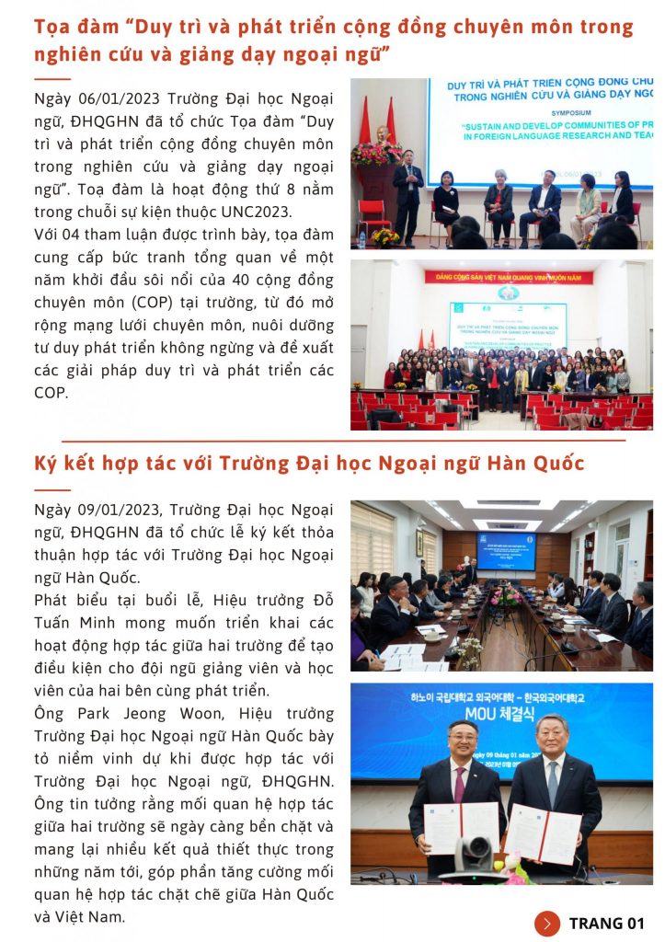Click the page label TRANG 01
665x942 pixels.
(607, 924)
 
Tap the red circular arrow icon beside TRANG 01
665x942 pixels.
(547, 924)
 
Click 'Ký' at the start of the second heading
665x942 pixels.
(46, 463)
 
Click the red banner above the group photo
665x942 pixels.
(508, 276)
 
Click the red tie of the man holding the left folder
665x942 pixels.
(459, 784)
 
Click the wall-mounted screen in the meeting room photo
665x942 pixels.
(505, 550)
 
